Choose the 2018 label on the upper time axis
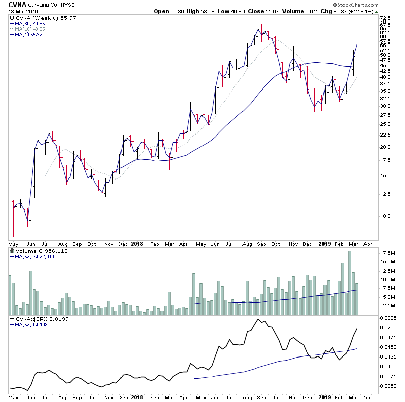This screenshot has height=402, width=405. point(137,243)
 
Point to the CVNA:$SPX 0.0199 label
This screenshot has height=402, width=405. point(38,320)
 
